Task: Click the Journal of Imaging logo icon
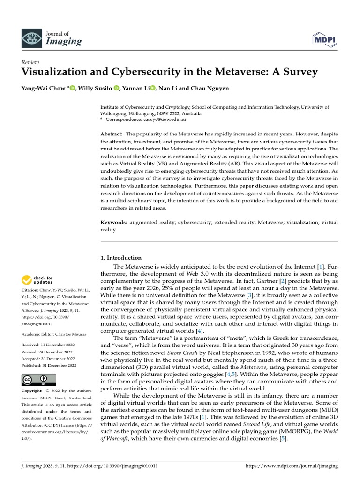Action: coord(31,37)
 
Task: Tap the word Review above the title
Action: coord(30,62)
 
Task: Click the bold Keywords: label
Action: coord(114,222)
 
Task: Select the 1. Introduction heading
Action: coord(121,258)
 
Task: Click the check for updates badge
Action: coord(37,280)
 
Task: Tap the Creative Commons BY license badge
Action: coord(38,380)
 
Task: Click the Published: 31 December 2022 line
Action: coord(49,366)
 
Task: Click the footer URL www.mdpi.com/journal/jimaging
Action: coord(292,467)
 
